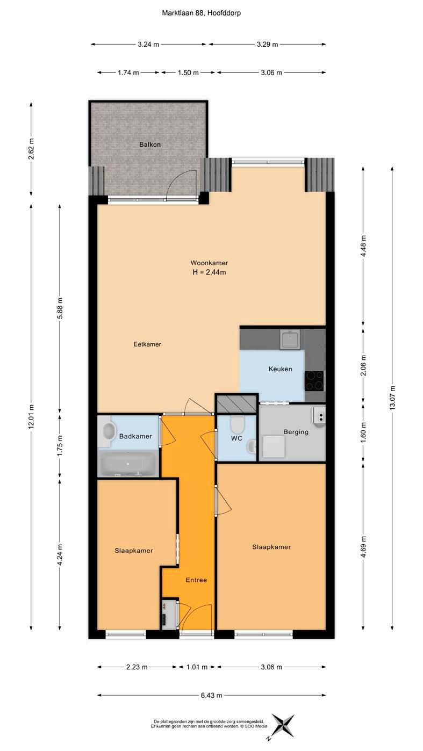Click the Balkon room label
pyautogui.click(x=149, y=145)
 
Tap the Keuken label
pyautogui.click(x=280, y=369)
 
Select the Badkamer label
pyautogui.click(x=135, y=436)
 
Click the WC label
pyautogui.click(x=236, y=438)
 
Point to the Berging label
pyautogui.click(x=296, y=432)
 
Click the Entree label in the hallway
pyautogui.click(x=196, y=580)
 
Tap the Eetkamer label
pyautogui.click(x=147, y=344)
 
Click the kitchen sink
pyautogui.click(x=290, y=340)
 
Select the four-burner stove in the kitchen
pyautogui.click(x=314, y=381)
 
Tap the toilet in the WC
pyautogui.click(x=238, y=424)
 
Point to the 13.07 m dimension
pyautogui.click(x=392, y=398)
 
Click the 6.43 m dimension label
pyautogui.click(x=211, y=695)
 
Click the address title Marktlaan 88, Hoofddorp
pyautogui.click(x=201, y=13)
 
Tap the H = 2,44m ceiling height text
pyautogui.click(x=209, y=272)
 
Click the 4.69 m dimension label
pyautogui.click(x=363, y=546)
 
